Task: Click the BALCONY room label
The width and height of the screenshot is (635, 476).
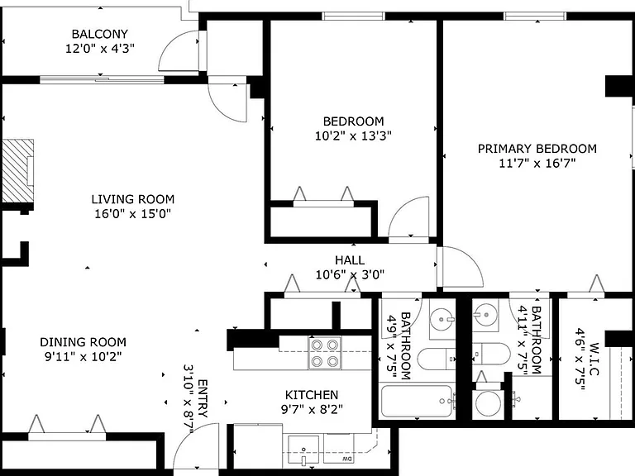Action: click(x=99, y=34)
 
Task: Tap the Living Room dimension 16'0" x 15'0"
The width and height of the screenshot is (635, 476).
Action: click(x=133, y=213)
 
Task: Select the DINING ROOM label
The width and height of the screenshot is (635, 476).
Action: click(x=83, y=342)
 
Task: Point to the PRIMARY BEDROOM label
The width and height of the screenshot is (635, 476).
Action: click(x=537, y=149)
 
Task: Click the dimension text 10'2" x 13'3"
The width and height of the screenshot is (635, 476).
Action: click(x=353, y=136)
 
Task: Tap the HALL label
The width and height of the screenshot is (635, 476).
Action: click(x=350, y=259)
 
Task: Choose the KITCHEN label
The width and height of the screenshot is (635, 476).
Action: click(x=312, y=395)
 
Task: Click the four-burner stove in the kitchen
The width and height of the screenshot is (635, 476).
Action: click(x=325, y=353)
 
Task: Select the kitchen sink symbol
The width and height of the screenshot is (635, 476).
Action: click(x=303, y=450)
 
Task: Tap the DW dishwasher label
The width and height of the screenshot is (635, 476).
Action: click(x=346, y=459)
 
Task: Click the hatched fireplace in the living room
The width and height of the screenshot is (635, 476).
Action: click(x=18, y=170)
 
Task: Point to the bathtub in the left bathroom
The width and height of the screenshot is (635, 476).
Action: click(x=417, y=401)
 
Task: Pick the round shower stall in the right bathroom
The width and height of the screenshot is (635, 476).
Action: click(x=488, y=403)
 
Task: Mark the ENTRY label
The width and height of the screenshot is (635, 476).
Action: click(x=203, y=398)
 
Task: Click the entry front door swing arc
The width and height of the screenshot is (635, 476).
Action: click(x=187, y=436)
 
